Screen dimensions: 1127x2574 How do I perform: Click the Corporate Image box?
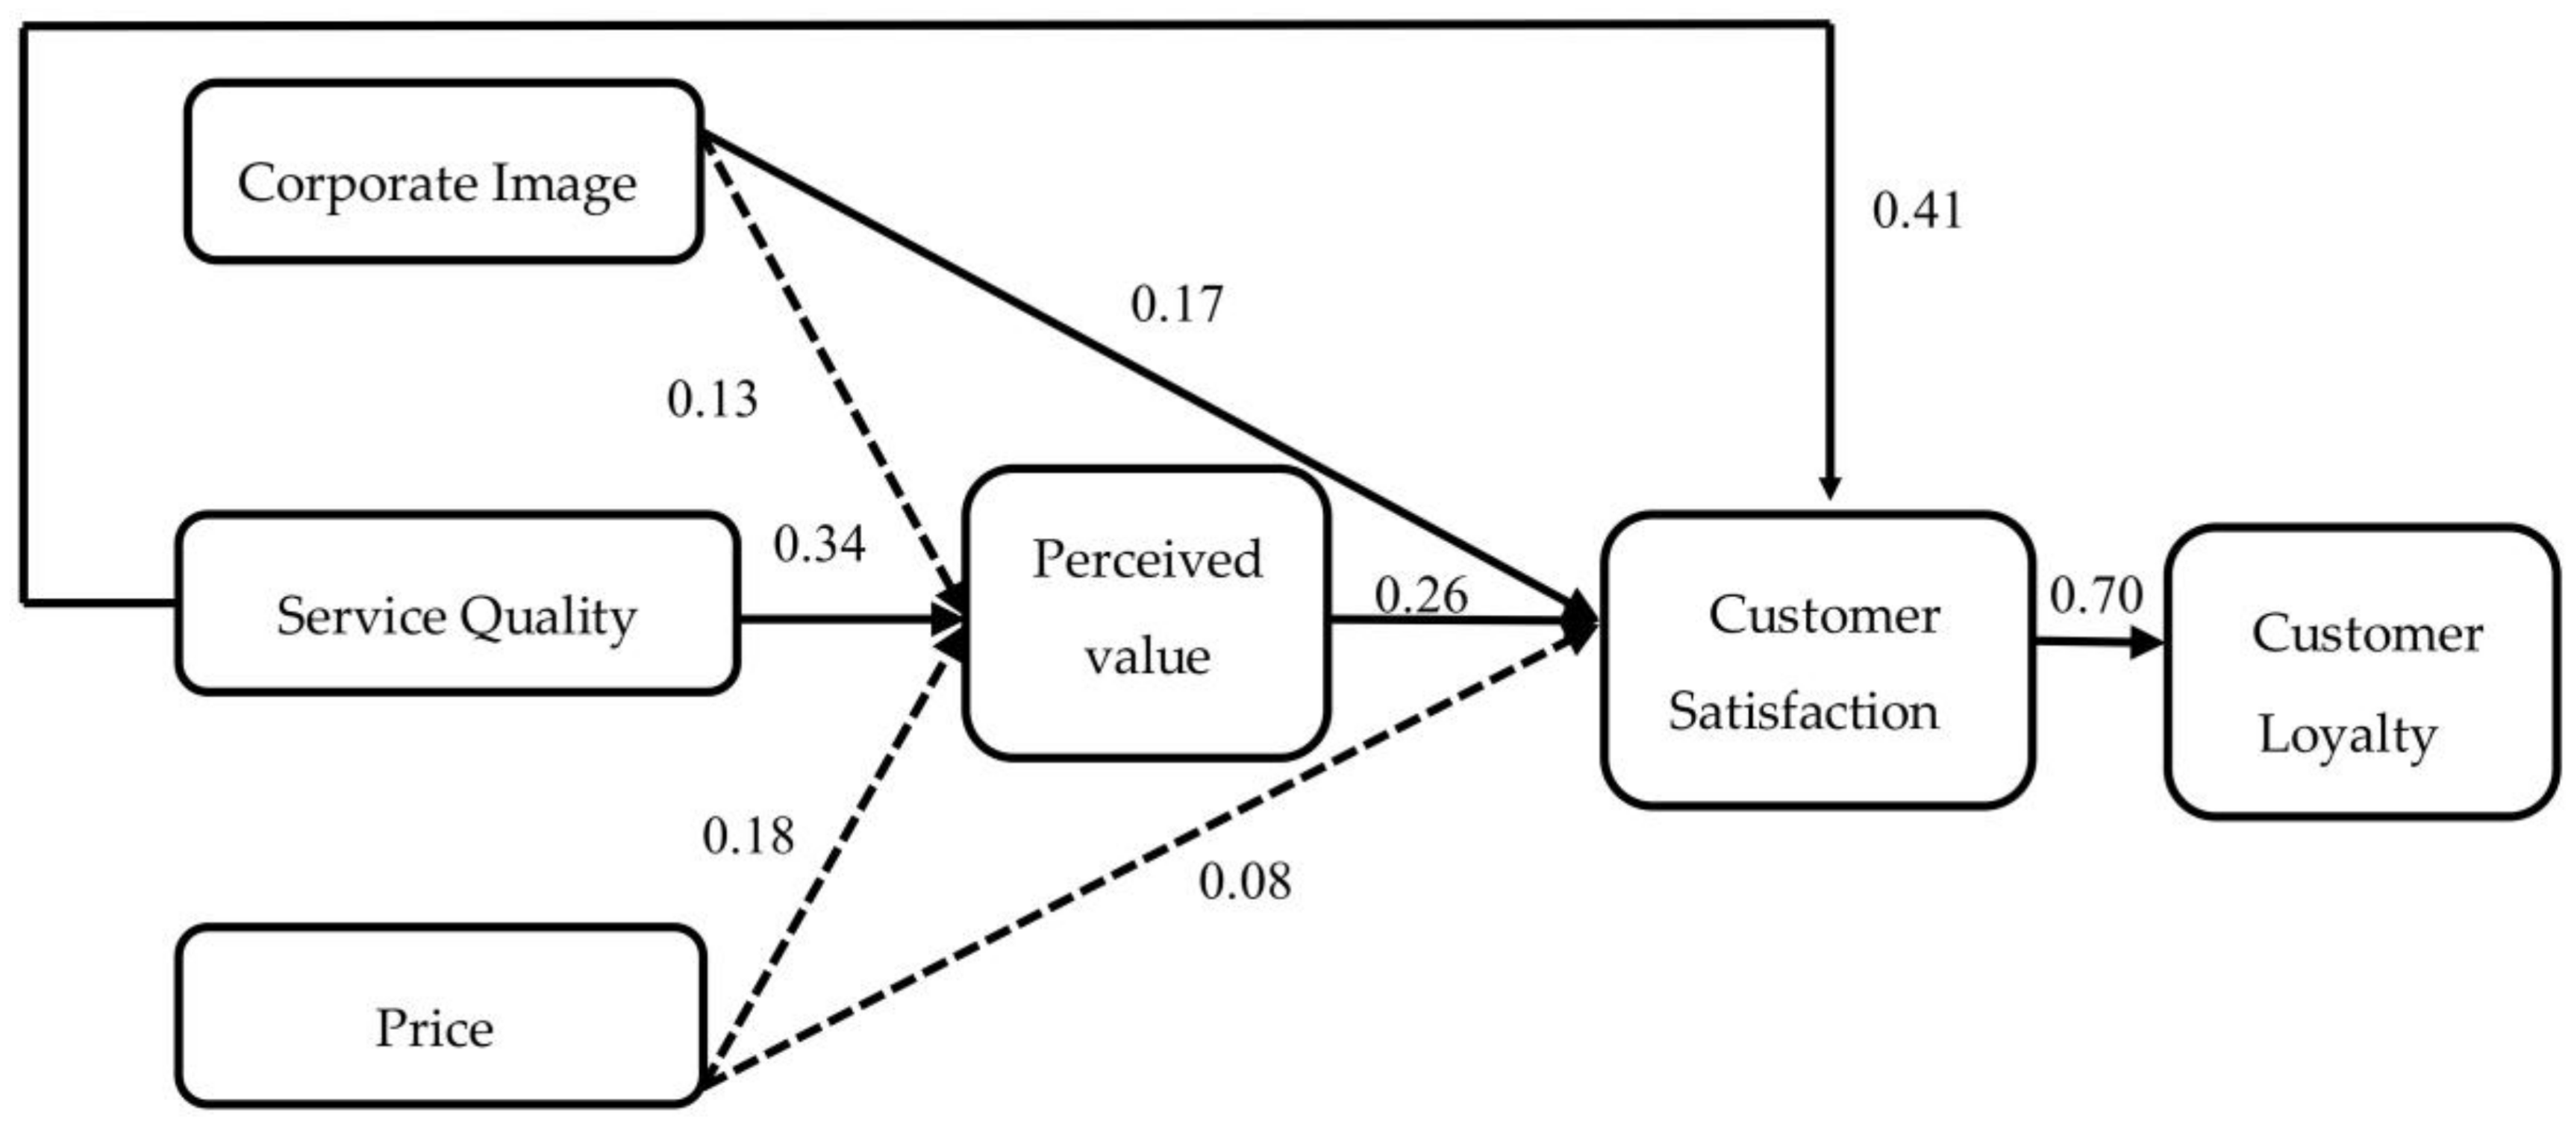pyautogui.click(x=443, y=172)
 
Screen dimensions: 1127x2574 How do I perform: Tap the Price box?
pyautogui.click(x=440, y=1016)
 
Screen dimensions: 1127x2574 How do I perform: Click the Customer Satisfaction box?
pyautogui.click(x=1817, y=660)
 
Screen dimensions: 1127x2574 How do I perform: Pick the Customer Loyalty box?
pyautogui.click(x=2360, y=672)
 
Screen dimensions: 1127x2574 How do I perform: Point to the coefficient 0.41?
pyautogui.click(x=1917, y=210)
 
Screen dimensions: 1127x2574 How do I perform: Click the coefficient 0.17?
pyautogui.click(x=1176, y=304)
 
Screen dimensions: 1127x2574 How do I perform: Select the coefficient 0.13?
pyautogui.click(x=711, y=399)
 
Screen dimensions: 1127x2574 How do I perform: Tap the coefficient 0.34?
pyautogui.click(x=819, y=543)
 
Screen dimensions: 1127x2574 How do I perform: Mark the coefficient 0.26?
pyautogui.click(x=1420, y=596)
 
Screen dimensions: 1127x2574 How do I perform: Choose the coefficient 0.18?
pyautogui.click(x=747, y=835)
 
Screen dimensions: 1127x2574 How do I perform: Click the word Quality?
pyautogui.click(x=548, y=617)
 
